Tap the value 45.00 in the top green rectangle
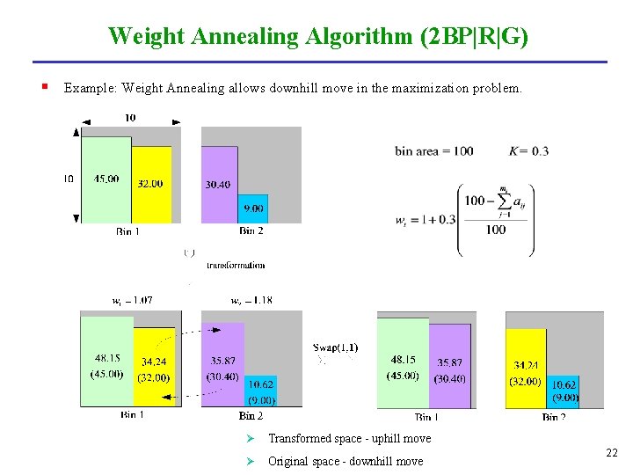pos(106,179)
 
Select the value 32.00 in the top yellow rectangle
pos(150,184)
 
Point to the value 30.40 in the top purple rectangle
pos(218,185)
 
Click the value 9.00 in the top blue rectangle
pos(253,208)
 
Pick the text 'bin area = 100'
pos(433,151)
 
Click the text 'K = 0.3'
pos(528,151)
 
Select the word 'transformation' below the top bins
pos(235,265)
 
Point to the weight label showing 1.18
pos(251,300)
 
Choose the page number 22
pos(612,453)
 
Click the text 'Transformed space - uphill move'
pos(349,438)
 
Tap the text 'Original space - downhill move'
pos(345,461)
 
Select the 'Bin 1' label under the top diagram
pos(127,231)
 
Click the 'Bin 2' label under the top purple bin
pos(251,231)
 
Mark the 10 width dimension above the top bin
pos(129,118)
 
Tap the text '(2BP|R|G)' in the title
pos(475,37)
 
